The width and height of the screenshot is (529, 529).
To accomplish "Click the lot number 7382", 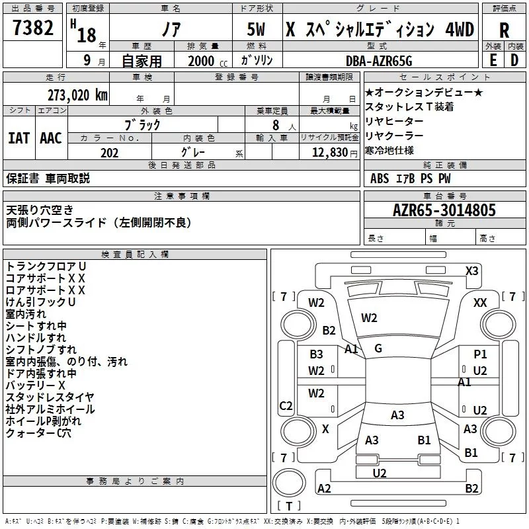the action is (33, 28).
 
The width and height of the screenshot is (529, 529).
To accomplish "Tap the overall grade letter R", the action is (504, 30).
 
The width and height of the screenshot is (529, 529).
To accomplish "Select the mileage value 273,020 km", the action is (77, 95).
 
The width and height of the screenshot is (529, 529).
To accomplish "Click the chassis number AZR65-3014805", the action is (444, 210).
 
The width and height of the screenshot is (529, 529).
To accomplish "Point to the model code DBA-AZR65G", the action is (379, 61).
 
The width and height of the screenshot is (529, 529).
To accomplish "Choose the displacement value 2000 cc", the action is (208, 61).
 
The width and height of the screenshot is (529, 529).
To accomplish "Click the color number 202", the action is (109, 153).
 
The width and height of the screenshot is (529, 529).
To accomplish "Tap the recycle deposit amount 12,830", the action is (330, 153).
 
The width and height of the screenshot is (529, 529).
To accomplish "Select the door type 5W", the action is (256, 29).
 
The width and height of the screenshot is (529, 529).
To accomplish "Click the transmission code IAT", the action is (19, 138).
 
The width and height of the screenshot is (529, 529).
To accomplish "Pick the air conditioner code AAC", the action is (51, 138).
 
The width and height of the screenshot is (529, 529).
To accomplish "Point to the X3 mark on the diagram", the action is (471, 271).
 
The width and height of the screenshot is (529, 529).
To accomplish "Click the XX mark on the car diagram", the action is (480, 303).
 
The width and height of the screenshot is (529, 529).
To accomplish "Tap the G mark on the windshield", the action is (378, 348).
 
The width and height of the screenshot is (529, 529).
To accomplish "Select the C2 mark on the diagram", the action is (286, 405).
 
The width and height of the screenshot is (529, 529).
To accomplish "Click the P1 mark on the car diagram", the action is (480, 354).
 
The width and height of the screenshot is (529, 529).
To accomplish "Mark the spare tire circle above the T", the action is (289, 483).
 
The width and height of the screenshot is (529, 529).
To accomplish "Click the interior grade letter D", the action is (514, 60).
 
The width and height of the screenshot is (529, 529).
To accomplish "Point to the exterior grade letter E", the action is (493, 60).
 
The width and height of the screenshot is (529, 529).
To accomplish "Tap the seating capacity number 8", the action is (276, 125).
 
